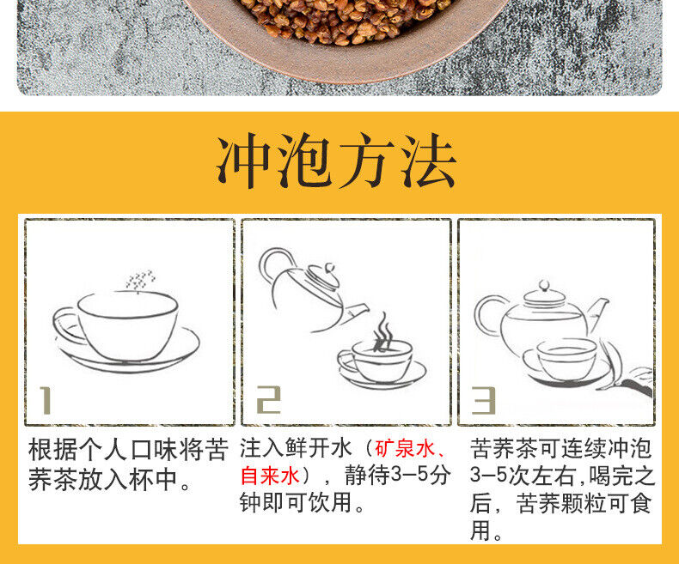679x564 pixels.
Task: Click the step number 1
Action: coord(46,401)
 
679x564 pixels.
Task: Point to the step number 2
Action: coord(269,400)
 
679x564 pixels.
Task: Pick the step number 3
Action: coord(484,401)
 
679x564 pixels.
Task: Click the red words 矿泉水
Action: coord(405,449)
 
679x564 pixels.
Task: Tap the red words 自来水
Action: coord(270,476)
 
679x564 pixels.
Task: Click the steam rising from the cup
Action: coord(382,331)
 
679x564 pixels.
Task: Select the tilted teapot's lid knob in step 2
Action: coord(330,268)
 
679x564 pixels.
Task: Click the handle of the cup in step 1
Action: coord(65,325)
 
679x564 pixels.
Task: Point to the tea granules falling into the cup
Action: coord(140,281)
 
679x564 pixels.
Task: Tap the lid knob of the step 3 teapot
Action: coord(544,286)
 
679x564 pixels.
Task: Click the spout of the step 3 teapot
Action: coord(598,312)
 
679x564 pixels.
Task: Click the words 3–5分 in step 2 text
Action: coord(420,476)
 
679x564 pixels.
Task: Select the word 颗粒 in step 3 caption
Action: coord(584,503)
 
